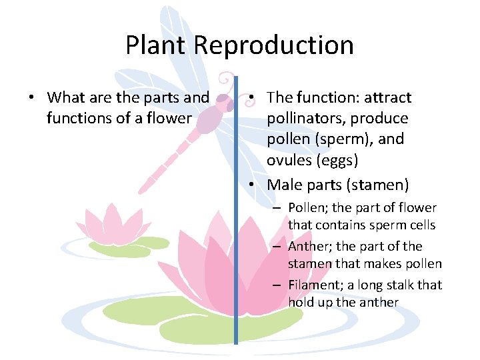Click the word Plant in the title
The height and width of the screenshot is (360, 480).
coord(157,45)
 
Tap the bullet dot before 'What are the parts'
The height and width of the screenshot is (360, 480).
coord(31,98)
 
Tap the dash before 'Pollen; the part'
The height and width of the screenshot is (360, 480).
coord(275,208)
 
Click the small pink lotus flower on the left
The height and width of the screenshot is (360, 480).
coord(110,223)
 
